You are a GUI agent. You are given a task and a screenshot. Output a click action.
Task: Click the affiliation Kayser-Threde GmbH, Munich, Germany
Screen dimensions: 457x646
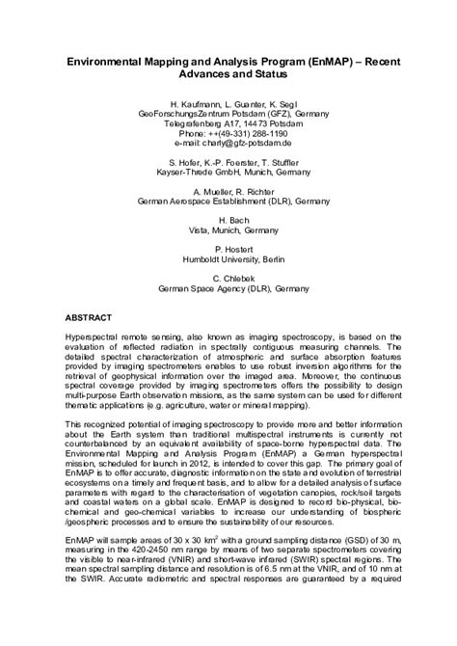228,175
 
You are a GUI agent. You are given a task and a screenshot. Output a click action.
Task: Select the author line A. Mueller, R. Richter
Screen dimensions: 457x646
228,193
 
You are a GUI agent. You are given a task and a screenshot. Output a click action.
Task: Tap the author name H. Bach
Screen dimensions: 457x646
228,221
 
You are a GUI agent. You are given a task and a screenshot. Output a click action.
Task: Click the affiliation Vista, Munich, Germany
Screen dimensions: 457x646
228,231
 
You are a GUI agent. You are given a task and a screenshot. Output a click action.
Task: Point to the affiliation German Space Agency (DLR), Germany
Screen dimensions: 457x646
228,288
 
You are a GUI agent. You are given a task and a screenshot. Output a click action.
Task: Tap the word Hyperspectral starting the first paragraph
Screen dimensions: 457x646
93,342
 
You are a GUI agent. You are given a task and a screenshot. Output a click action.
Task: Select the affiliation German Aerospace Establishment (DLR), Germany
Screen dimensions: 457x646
228,203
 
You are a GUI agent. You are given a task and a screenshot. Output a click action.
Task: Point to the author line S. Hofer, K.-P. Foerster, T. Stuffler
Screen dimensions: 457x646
228,164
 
